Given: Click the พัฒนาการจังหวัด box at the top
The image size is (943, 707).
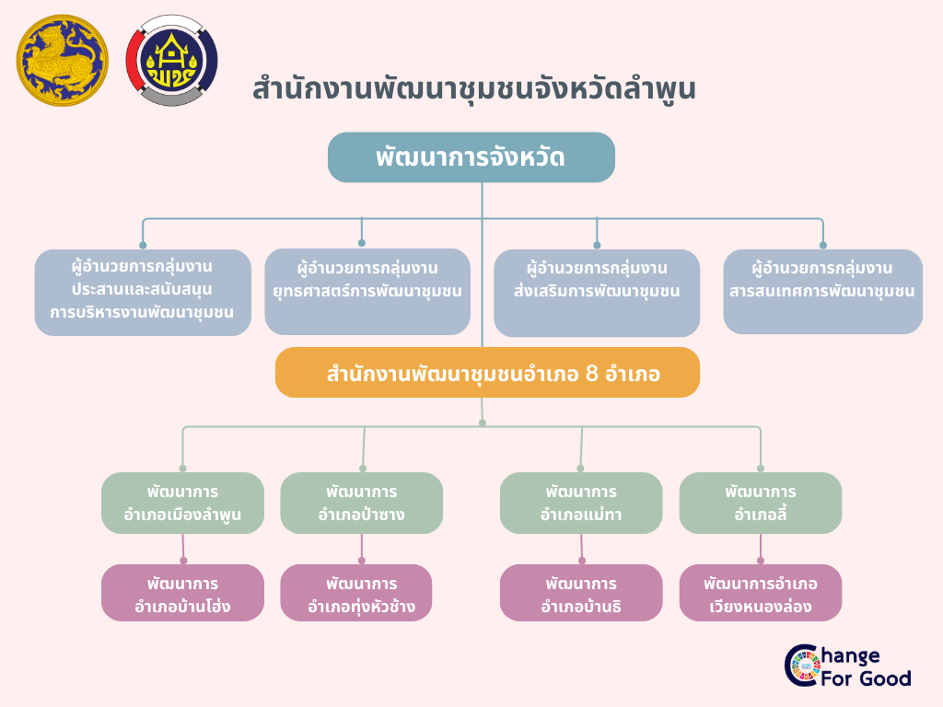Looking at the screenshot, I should (x=471, y=157).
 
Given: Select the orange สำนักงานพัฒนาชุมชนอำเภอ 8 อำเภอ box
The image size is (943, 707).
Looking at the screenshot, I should (x=487, y=373).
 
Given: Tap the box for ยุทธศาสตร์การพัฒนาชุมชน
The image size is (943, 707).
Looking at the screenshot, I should (x=367, y=291).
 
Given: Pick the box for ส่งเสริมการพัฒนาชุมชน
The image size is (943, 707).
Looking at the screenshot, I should (x=597, y=292).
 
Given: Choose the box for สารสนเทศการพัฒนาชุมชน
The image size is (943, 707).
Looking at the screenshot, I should (x=822, y=291).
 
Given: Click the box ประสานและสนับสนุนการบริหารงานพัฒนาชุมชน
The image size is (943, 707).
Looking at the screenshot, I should (x=143, y=292).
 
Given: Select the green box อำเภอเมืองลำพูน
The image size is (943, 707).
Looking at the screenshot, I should (x=182, y=503).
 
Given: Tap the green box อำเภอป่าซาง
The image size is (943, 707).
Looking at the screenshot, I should (x=361, y=503).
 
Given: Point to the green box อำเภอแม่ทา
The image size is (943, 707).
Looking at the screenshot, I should (x=581, y=503).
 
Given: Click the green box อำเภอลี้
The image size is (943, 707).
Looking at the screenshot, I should (x=760, y=503).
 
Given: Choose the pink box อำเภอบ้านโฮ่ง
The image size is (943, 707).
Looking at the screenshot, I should (x=182, y=594).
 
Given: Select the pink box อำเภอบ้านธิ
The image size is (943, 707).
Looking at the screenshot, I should (x=581, y=594).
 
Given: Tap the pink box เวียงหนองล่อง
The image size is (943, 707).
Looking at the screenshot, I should (x=760, y=594).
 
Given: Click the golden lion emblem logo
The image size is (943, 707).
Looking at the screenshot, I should (x=62, y=61).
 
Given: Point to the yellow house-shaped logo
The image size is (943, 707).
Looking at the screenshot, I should (x=171, y=61).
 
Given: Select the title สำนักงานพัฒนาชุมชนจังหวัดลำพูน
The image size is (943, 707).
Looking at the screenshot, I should (x=473, y=90).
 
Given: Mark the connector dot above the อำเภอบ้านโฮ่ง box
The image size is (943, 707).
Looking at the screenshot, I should (x=183, y=560).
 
